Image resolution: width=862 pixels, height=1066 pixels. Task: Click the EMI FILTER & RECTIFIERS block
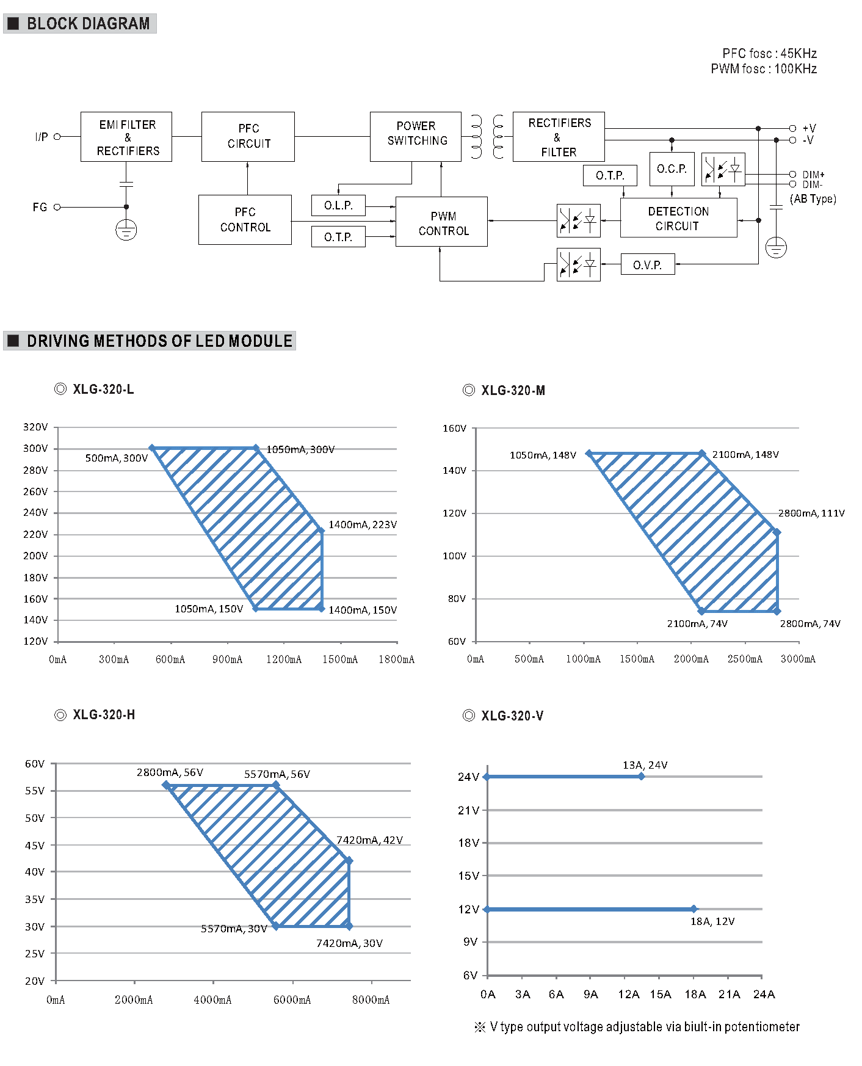pos(126,137)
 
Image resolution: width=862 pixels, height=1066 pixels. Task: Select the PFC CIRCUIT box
pos(248,137)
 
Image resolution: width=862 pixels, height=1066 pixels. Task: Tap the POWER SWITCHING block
pos(416,137)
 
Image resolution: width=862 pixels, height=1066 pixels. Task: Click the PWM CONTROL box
pos(441,222)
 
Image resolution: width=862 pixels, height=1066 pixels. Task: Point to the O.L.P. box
pos(338,205)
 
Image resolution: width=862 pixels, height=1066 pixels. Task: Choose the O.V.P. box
pos(648,264)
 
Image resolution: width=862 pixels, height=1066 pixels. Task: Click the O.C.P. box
pos(672,169)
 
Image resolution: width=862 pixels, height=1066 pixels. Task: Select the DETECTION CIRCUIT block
pos(678,218)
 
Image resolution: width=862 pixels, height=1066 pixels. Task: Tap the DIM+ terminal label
pos(813,175)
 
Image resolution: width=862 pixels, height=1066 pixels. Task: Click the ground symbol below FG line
pos(126,230)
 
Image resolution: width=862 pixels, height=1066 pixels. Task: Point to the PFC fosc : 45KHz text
pos(769,54)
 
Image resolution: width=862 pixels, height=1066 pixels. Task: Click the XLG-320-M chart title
pos(512,391)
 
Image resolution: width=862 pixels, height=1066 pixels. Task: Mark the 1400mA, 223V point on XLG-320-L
pos(321,531)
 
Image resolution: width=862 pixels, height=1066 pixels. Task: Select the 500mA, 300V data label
pos(116,458)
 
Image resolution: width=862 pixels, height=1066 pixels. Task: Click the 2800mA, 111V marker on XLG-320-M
pos(777,532)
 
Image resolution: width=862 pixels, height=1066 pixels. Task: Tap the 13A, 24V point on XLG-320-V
pos(641,777)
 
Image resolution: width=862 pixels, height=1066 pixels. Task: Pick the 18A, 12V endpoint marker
pos(694,909)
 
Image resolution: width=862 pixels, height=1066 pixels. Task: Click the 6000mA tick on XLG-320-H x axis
pos(292,999)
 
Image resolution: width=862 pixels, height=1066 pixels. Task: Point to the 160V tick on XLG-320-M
pos(454,429)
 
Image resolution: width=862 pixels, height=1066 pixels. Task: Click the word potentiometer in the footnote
pos(762,1027)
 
